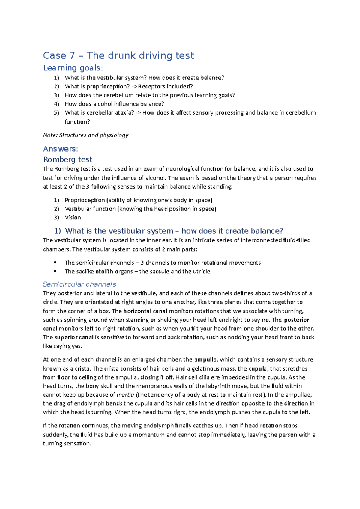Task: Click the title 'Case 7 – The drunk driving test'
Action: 118,56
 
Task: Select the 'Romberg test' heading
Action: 68,159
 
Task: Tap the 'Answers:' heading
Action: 61,149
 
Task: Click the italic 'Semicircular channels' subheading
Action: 79,284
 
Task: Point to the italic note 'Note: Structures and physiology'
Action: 86,135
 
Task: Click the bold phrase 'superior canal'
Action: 74,337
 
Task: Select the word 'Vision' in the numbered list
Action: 73,218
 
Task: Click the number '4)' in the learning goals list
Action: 57,104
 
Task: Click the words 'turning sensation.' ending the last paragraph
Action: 67,444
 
